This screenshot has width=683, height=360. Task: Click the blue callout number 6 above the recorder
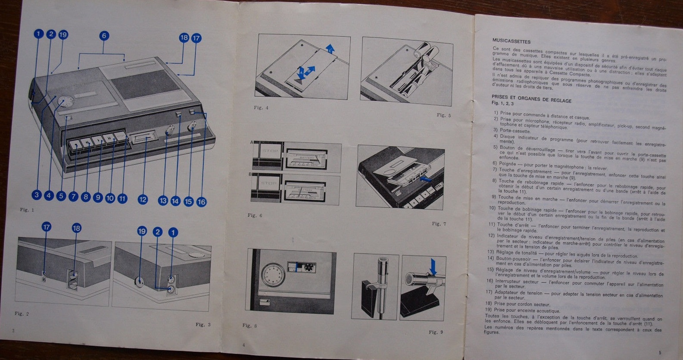click(104, 36)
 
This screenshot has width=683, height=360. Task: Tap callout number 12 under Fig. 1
click(143, 199)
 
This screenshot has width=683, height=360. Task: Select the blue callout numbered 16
click(201, 201)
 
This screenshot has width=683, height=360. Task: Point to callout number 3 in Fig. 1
click(37, 195)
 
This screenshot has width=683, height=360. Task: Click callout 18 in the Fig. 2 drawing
click(77, 228)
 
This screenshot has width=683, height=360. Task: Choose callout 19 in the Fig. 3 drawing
click(142, 232)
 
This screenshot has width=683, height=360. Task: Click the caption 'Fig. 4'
click(261, 108)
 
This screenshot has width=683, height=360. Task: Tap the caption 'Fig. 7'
click(439, 224)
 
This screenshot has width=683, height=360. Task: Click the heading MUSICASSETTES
click(511, 41)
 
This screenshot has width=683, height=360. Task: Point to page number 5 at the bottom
click(660, 352)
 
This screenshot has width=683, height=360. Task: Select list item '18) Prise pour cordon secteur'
click(518, 304)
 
